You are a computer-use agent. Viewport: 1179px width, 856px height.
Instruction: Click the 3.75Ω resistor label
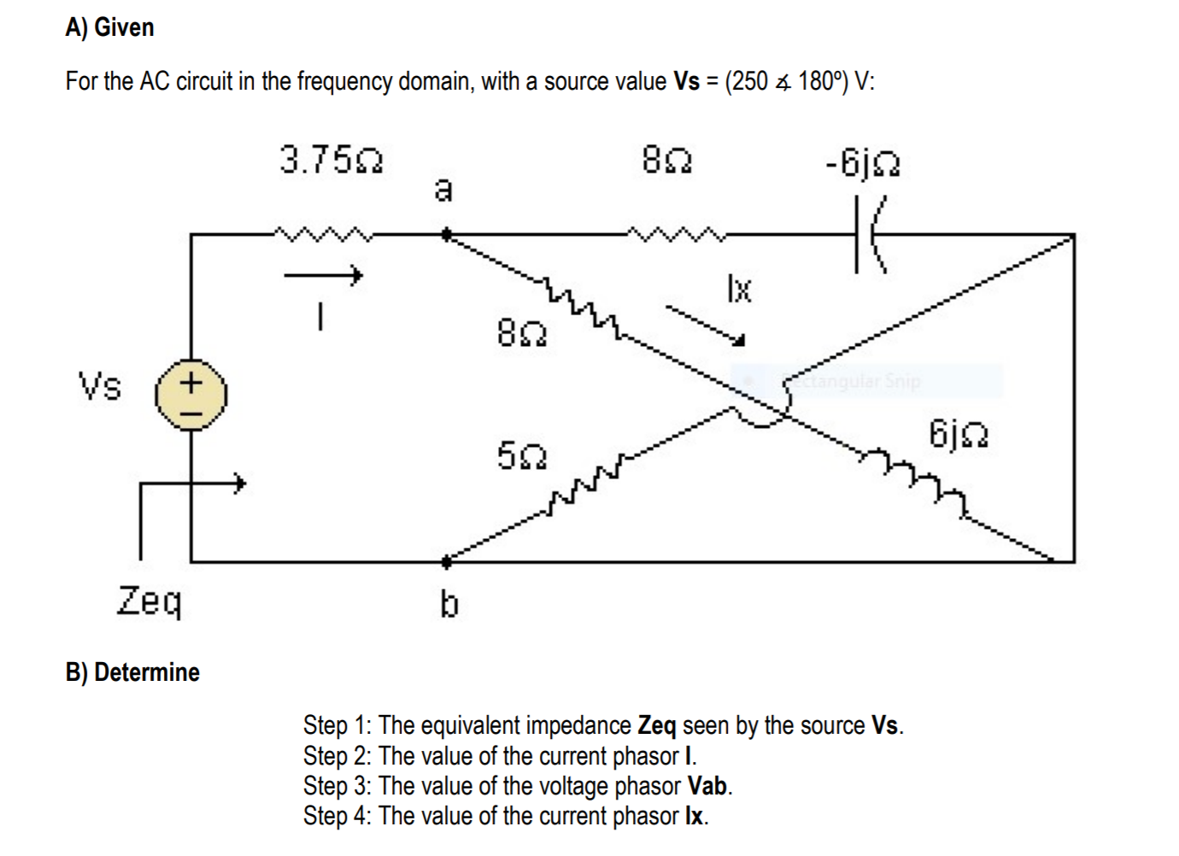click(331, 160)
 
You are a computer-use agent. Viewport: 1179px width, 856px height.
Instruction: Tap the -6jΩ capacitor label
click(862, 162)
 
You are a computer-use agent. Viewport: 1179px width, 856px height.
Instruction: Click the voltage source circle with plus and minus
click(191, 395)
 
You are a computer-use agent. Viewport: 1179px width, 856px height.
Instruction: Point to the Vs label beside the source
click(100, 386)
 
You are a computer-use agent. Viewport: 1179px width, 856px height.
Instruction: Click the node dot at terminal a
click(446, 233)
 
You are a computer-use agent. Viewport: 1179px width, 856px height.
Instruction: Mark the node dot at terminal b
click(446, 562)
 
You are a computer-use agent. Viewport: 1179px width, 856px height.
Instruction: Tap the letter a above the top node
click(443, 189)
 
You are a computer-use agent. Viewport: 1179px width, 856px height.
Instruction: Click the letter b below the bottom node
click(449, 605)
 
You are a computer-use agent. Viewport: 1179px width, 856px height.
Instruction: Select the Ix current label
click(739, 289)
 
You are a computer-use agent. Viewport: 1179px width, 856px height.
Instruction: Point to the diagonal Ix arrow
click(706, 325)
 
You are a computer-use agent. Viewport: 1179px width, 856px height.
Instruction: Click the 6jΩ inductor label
click(959, 434)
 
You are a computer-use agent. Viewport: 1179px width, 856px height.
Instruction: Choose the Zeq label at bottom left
click(150, 601)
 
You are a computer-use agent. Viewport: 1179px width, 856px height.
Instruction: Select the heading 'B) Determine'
click(132, 672)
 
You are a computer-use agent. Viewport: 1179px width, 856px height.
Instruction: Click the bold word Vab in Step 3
click(707, 786)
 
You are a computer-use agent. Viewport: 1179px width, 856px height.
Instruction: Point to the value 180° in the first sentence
click(821, 81)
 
